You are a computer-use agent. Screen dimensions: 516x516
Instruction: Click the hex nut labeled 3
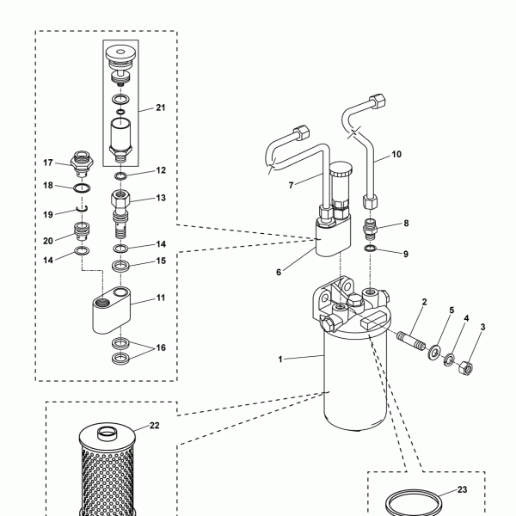pyautogui.click(x=466, y=367)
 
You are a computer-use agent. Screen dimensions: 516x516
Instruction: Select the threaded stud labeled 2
pyautogui.click(x=411, y=341)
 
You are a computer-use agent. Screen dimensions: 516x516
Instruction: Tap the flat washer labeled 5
pyautogui.click(x=435, y=352)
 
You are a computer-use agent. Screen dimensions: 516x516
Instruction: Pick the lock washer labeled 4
pyautogui.click(x=449, y=359)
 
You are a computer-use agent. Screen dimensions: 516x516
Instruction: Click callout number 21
pyautogui.click(x=161, y=107)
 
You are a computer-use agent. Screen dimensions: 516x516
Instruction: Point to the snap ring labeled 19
pyautogui.click(x=82, y=208)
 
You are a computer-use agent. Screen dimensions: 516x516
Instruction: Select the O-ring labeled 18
pyautogui.click(x=82, y=188)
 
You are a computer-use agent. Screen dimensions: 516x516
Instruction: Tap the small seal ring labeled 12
pyautogui.click(x=120, y=176)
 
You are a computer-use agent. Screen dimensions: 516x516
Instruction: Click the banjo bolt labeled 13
pyautogui.click(x=120, y=213)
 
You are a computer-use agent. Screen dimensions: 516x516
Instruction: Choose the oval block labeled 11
pyautogui.click(x=111, y=310)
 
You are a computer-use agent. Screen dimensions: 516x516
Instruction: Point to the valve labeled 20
pyautogui.click(x=82, y=231)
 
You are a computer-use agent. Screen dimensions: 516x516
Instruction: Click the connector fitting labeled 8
pyautogui.click(x=370, y=229)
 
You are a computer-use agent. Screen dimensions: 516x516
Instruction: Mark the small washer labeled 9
pyautogui.click(x=370, y=248)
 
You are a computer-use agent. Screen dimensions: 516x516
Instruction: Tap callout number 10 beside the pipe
pyautogui.click(x=396, y=154)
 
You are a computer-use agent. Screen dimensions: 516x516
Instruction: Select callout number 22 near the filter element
pyautogui.click(x=154, y=426)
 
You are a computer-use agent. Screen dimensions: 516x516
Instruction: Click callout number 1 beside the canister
pyautogui.click(x=280, y=359)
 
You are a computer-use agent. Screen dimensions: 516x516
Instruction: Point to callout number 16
pyautogui.click(x=161, y=347)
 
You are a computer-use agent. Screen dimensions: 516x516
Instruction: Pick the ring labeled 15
pyautogui.click(x=120, y=266)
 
